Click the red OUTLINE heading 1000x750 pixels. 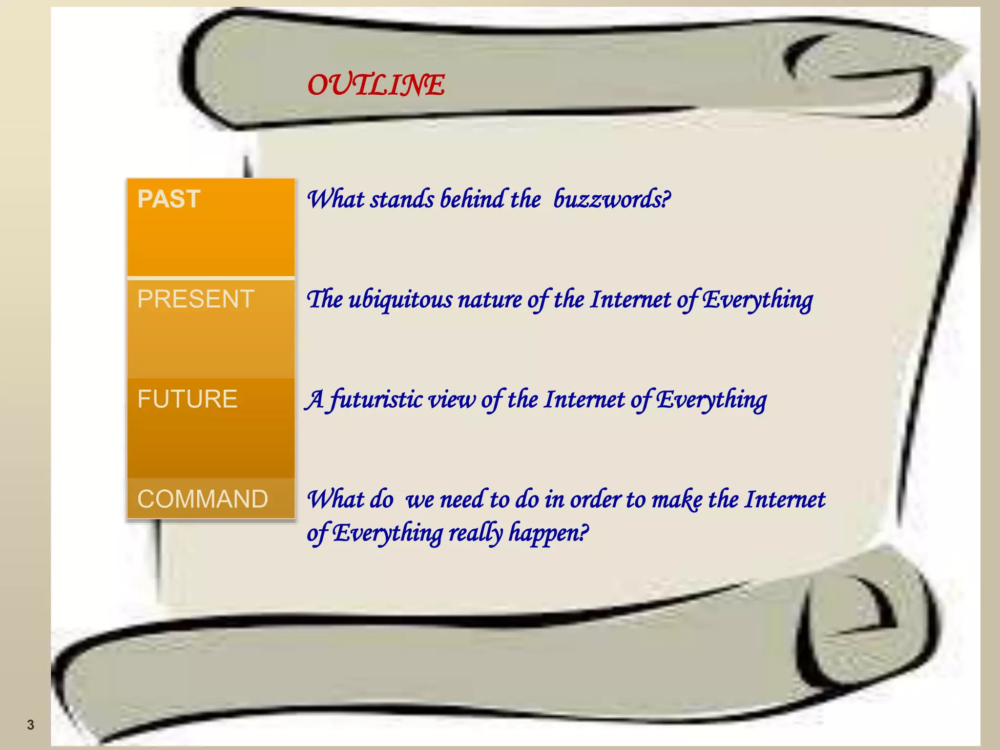pos(376,85)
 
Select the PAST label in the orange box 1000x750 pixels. pos(169,199)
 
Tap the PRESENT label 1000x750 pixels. pos(196,299)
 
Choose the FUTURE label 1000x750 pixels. pos(187,399)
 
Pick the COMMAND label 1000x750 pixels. pos(203,499)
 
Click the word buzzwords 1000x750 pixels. pos(611,199)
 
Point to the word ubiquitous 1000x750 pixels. pos(400,300)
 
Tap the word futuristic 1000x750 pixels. pos(376,399)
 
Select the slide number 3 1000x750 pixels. pos(31,725)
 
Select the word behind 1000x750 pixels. pos(472,199)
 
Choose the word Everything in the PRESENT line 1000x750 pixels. pos(758,300)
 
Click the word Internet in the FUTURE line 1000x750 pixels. pos(584,399)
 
